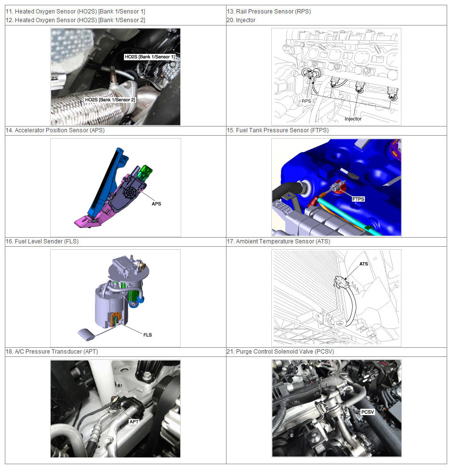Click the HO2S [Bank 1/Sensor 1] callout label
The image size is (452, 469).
[149, 57]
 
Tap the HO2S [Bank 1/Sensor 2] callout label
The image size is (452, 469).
[110, 100]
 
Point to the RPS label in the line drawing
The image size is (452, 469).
[306, 101]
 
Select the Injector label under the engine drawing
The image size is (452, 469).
[353, 119]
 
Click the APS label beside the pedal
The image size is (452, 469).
[156, 203]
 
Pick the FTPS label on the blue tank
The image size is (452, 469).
[358, 199]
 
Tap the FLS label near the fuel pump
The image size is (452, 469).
[147, 335]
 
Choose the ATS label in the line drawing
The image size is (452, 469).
[364, 264]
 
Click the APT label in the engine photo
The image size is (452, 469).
[133, 421]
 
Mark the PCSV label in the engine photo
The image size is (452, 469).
[368, 412]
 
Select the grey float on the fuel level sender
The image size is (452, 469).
[86, 334]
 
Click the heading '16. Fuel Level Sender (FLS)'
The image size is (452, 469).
[42, 241]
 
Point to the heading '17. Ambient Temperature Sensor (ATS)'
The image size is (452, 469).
[279, 241]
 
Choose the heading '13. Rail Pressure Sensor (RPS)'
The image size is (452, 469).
[269, 12]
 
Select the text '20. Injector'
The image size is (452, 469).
[241, 20]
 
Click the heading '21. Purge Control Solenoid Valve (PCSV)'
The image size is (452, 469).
[280, 352]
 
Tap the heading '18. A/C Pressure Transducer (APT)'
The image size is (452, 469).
[52, 352]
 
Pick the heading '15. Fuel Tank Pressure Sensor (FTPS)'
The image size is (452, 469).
[278, 130]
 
